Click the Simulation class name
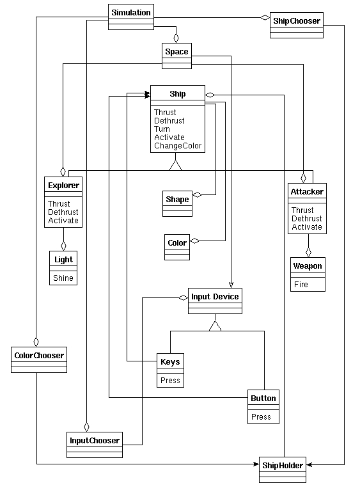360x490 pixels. coord(131,13)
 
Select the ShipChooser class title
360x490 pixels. coord(297,21)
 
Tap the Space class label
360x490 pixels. coord(176,52)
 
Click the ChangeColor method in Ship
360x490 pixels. coord(178,146)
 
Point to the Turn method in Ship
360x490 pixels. coord(162,129)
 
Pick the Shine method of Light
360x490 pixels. coord(63,278)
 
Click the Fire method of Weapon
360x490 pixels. coord(301,285)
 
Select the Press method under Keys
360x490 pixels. coord(170,381)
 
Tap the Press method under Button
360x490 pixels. coord(261,417)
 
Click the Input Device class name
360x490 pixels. coord(215,297)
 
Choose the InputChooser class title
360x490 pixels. coord(95,441)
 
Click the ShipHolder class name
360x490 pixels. coord(283,466)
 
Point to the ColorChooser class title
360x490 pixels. coord(39,355)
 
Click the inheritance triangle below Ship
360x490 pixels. coord(175,165)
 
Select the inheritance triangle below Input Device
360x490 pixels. coord(215,326)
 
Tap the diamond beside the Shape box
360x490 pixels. coord(197,194)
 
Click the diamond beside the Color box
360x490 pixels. coord(194,241)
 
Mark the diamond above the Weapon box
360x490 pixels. coord(308,252)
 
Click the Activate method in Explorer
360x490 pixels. coord(63,220)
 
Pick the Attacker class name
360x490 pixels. coord(307,191)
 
